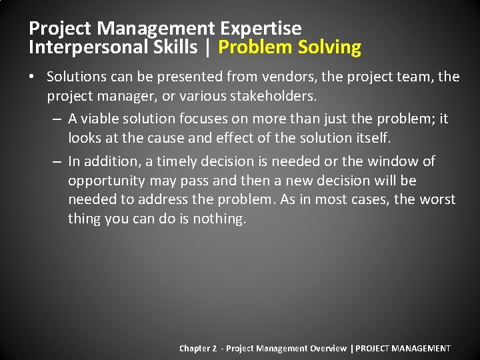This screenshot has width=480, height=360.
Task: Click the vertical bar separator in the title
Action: click(x=208, y=47)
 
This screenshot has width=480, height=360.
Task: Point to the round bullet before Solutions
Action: click(x=32, y=77)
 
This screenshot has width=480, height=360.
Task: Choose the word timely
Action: click(x=177, y=161)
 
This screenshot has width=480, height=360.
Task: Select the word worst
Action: click(x=437, y=199)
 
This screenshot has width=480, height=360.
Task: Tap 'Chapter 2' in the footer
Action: click(x=198, y=348)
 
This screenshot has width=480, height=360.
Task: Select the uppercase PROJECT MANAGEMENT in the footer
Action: click(x=403, y=348)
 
